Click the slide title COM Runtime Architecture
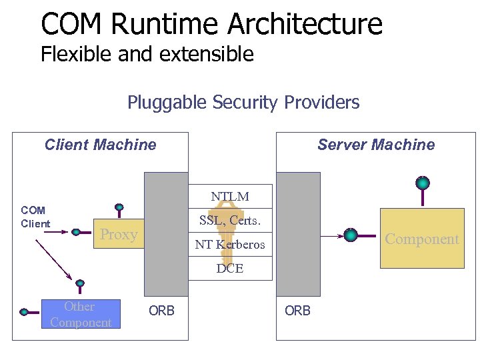(x=211, y=23)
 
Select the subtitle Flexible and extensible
(x=147, y=54)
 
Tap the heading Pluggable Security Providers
(x=243, y=103)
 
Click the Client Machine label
(x=100, y=145)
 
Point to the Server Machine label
(x=375, y=145)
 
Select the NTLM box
(x=230, y=197)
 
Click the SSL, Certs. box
(x=230, y=220)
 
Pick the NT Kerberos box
(x=230, y=245)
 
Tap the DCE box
(x=230, y=269)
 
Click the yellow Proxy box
(x=118, y=234)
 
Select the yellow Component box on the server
(x=422, y=239)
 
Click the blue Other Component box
(x=81, y=314)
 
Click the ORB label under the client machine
(x=161, y=311)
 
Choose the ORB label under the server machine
(x=297, y=311)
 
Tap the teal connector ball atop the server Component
(x=423, y=183)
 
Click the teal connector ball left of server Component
(x=351, y=235)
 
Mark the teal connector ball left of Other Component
(x=25, y=311)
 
